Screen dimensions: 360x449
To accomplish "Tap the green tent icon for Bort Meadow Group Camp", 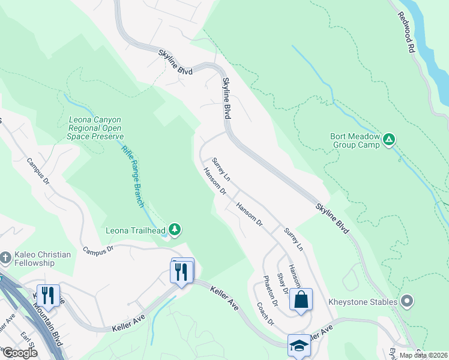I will (x=389, y=140).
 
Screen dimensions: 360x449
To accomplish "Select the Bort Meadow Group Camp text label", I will (x=355, y=140).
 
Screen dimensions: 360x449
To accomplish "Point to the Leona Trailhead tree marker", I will (x=175, y=229).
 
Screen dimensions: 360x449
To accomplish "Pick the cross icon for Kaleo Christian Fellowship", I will (x=5, y=259).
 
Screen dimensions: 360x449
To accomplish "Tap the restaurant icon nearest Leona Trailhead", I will (x=182, y=271).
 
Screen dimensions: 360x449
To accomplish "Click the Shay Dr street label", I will (x=282, y=283).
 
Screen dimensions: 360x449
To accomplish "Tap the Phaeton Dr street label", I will (x=270, y=292).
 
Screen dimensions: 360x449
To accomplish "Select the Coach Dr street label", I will (x=265, y=313).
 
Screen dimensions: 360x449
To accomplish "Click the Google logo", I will (x=20, y=352).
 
